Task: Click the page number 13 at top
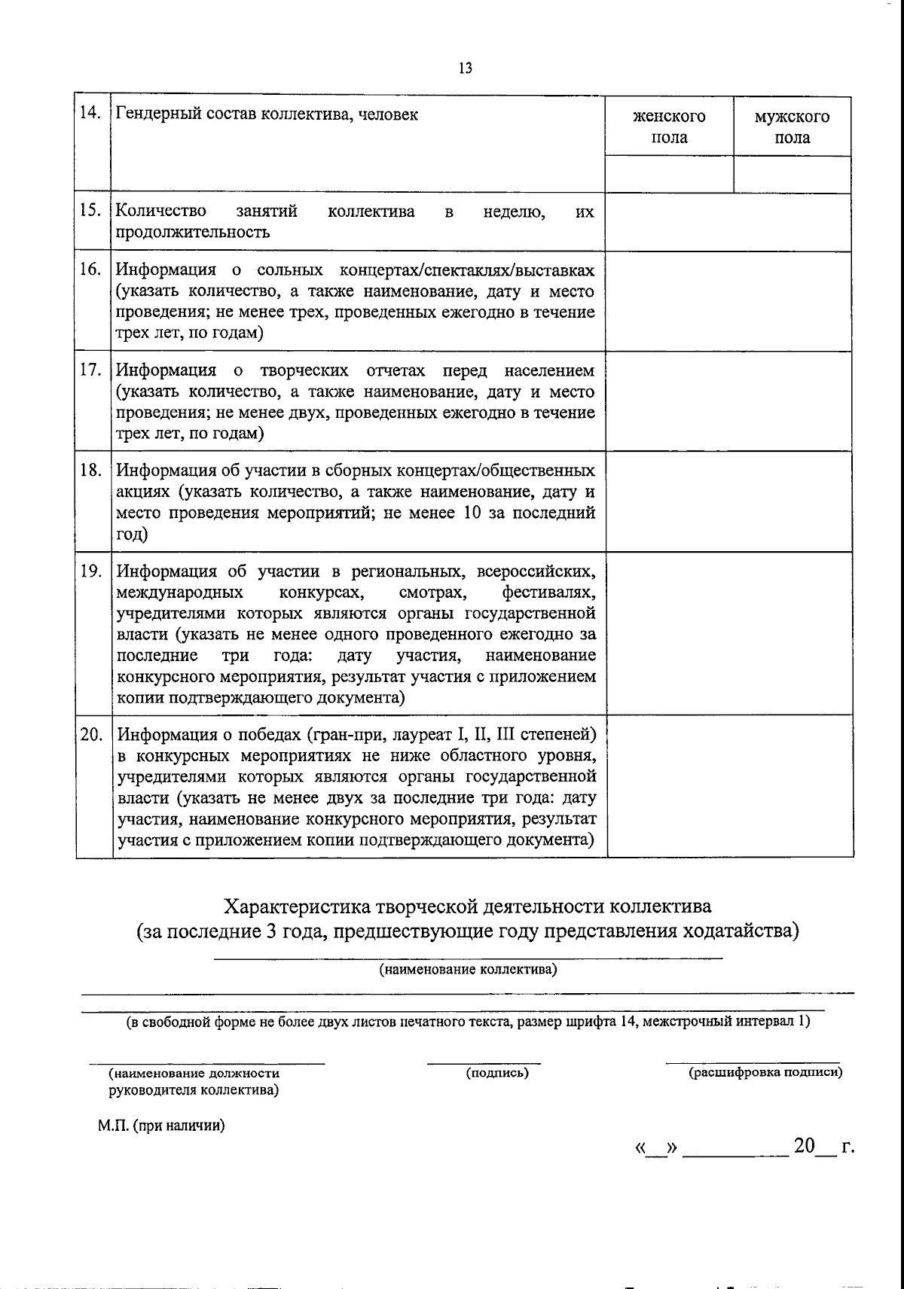coord(464,68)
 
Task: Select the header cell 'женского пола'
coord(669,126)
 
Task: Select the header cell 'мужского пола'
coord(792,126)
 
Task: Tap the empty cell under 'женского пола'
coord(669,174)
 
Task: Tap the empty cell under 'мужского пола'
coord(792,174)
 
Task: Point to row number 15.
coord(91,211)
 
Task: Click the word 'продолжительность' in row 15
coord(193,232)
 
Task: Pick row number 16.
coord(91,270)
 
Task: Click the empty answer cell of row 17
coord(728,401)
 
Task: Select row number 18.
coord(91,471)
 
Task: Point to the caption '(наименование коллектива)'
coord(467,970)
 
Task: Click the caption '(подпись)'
coord(497,1073)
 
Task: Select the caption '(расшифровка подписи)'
coord(765,1073)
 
